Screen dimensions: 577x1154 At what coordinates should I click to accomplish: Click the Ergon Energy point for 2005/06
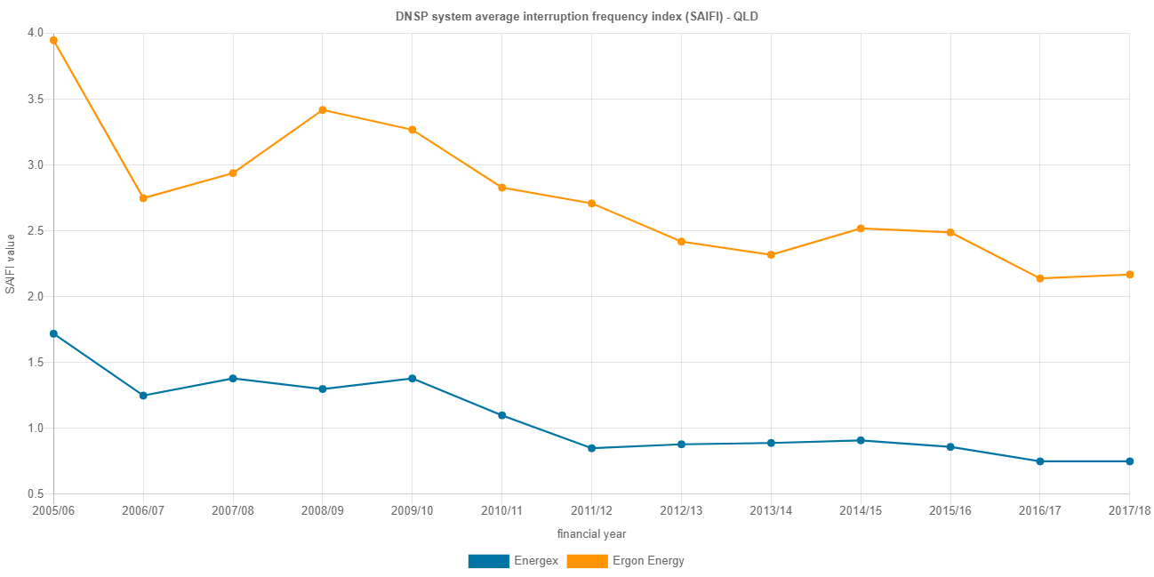(53, 40)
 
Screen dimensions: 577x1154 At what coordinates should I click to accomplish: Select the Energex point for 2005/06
(53, 333)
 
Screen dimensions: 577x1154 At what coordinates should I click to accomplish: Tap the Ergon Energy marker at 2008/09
(323, 110)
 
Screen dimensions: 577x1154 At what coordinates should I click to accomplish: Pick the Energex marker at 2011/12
(591, 448)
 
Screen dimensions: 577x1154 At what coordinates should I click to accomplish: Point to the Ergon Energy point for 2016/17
(1040, 278)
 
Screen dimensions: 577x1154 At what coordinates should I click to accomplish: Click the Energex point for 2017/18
(1130, 461)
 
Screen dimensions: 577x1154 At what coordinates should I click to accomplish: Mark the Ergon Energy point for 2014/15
(861, 228)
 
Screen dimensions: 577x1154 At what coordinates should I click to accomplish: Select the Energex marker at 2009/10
(413, 379)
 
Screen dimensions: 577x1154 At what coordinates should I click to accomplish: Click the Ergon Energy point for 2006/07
(143, 198)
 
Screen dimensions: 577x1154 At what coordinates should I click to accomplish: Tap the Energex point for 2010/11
(502, 415)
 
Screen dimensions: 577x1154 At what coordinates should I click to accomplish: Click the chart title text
(576, 16)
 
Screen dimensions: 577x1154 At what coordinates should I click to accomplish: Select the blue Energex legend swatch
(488, 561)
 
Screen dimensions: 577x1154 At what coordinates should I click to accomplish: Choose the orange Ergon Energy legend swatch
(587, 561)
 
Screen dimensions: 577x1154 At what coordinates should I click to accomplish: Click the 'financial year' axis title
(591, 534)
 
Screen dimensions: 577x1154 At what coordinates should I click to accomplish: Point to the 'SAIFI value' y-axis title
(10, 263)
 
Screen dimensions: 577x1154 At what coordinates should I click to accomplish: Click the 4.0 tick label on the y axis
(36, 33)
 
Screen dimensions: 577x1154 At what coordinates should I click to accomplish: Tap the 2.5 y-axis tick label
(36, 231)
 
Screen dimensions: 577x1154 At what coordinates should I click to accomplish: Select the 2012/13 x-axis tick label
(681, 511)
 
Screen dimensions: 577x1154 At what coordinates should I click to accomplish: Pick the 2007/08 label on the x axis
(233, 511)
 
